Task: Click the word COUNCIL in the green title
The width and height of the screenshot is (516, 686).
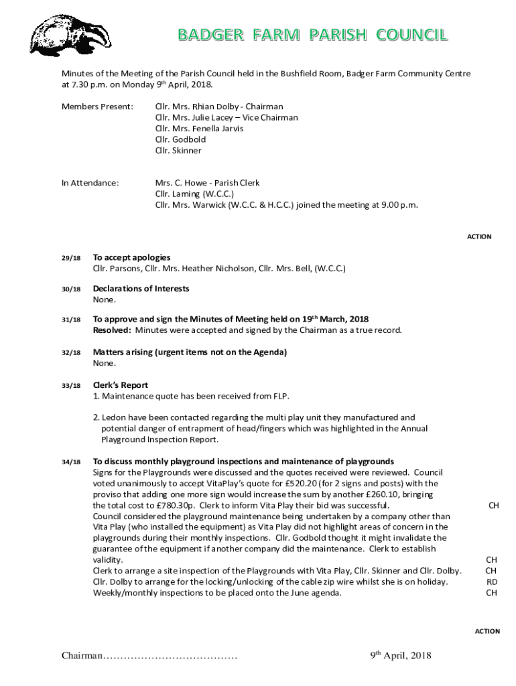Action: [x=411, y=36]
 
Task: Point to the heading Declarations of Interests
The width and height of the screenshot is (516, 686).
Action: [x=141, y=289]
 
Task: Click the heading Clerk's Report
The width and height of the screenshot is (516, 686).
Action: [x=121, y=385]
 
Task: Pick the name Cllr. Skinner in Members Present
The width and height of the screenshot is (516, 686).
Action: [x=178, y=151]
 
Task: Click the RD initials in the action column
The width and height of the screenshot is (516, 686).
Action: [x=491, y=582]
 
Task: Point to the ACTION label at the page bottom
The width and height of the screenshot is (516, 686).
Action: [x=487, y=631]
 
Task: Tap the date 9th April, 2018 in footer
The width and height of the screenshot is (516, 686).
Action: [x=401, y=655]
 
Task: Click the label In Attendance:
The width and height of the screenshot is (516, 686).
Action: [x=90, y=183]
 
